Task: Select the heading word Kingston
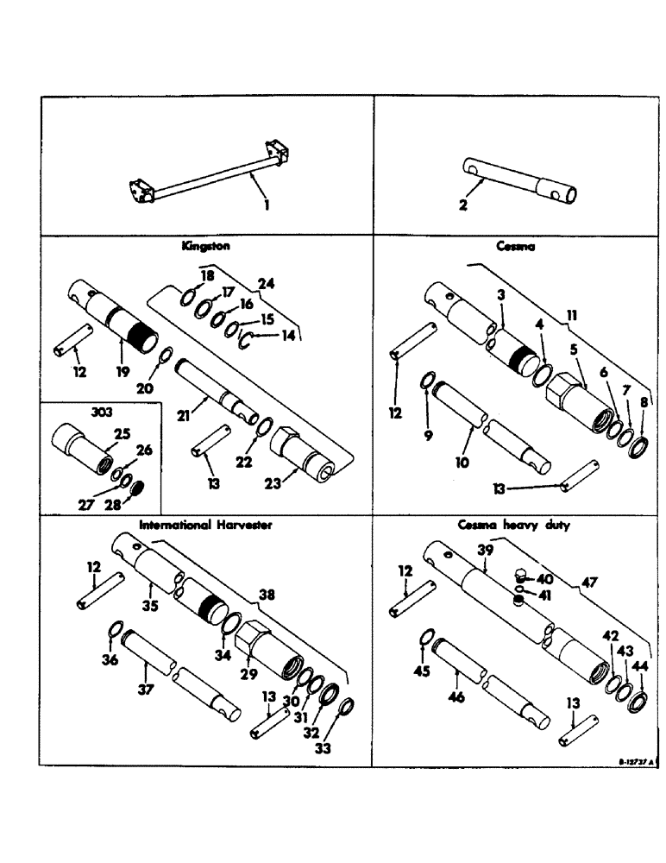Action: (205, 246)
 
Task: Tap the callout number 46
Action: (456, 696)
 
